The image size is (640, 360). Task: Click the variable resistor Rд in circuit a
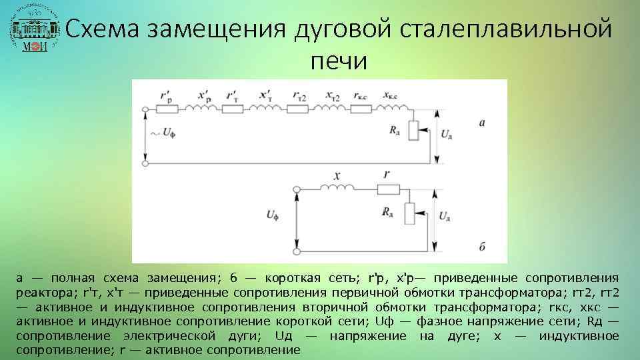[x=413, y=130]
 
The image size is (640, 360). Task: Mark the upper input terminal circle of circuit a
[x=145, y=108]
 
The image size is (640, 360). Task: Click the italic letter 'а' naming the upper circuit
[x=482, y=123]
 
